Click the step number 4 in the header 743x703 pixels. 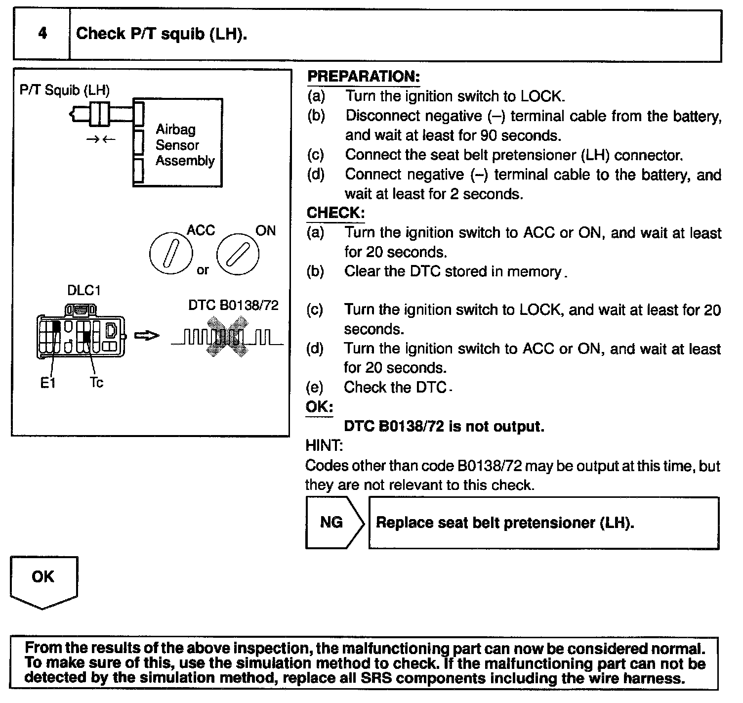(x=42, y=34)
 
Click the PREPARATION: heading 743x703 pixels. (x=363, y=76)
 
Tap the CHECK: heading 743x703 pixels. (x=335, y=213)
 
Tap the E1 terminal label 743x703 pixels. (x=48, y=383)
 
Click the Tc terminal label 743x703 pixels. (x=96, y=383)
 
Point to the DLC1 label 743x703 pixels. (x=83, y=290)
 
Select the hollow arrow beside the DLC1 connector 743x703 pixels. (x=147, y=336)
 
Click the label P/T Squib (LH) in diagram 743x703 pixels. (x=65, y=90)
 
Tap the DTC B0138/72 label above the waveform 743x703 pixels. (x=233, y=305)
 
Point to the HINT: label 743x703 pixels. (x=324, y=445)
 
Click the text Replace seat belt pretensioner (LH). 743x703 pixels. (x=505, y=523)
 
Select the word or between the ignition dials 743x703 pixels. (x=203, y=270)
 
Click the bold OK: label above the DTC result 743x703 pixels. (x=319, y=407)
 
